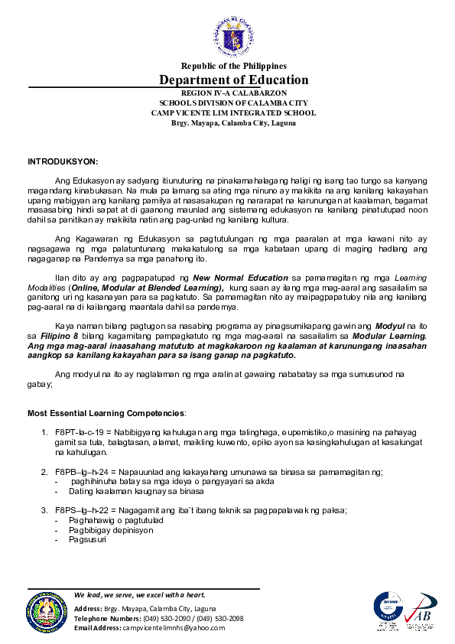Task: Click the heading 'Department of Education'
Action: pos(234,80)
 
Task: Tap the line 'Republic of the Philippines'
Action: pos(234,67)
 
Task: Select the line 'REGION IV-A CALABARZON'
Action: pos(234,93)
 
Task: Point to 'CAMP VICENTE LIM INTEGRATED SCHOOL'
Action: pos(234,112)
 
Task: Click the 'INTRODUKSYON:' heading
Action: pos(63,162)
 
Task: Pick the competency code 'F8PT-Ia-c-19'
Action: pos(80,432)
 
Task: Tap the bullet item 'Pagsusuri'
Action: pos(87,538)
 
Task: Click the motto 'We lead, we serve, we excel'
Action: pos(140,595)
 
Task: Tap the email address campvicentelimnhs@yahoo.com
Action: pos(176,628)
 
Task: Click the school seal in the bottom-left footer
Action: pos(47,611)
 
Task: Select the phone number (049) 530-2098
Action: pos(220,618)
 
